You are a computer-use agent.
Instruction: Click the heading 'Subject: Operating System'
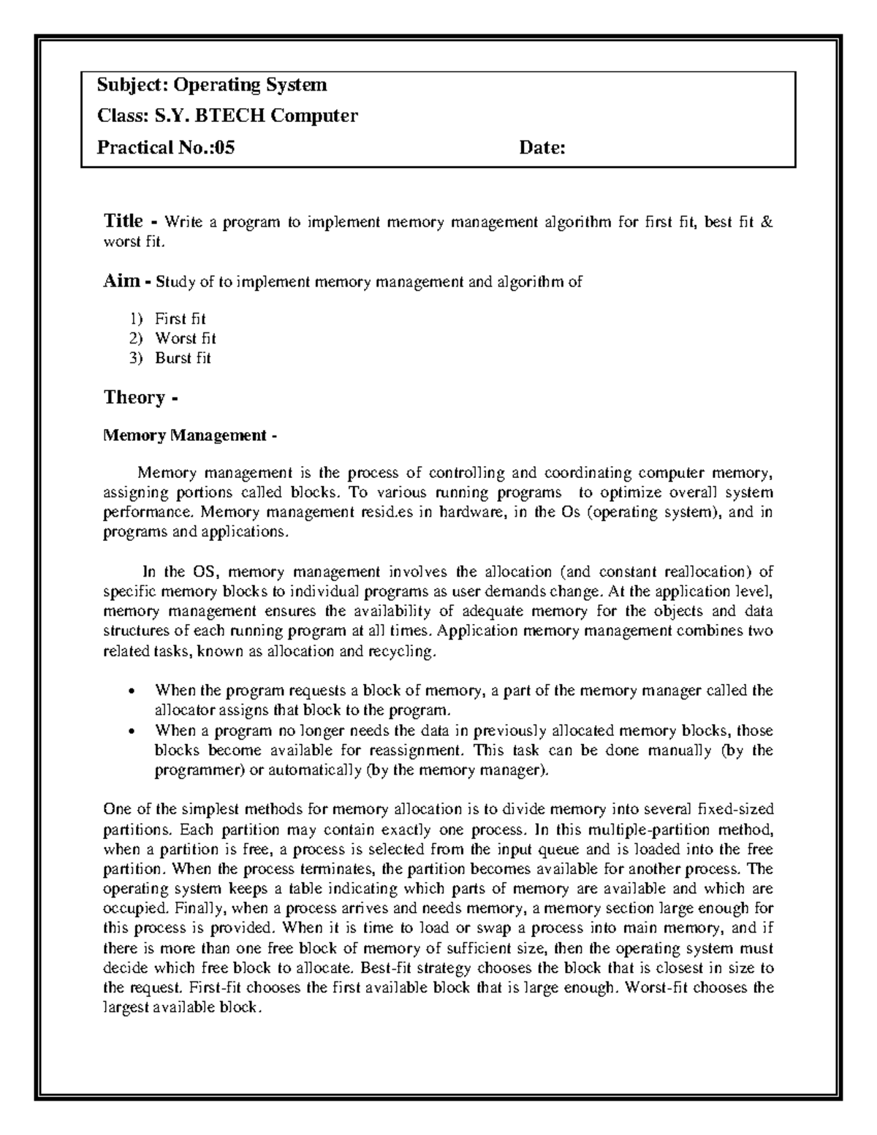point(212,86)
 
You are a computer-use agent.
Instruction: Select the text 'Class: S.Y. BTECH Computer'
point(227,116)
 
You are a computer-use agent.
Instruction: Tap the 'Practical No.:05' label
point(166,148)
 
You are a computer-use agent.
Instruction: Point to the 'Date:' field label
point(542,148)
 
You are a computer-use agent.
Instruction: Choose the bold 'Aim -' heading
point(126,281)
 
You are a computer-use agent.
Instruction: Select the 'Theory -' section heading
point(140,398)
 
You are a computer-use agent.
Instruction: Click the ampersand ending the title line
point(766,222)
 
